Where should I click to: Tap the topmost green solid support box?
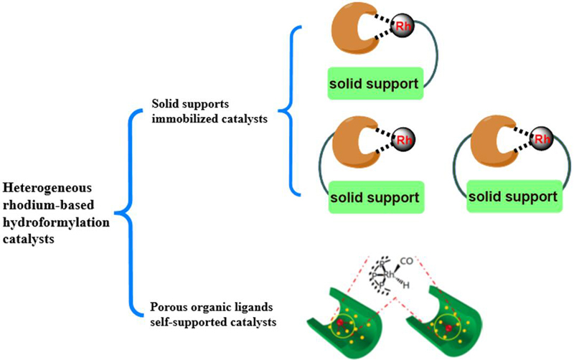pyautogui.click(x=374, y=83)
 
